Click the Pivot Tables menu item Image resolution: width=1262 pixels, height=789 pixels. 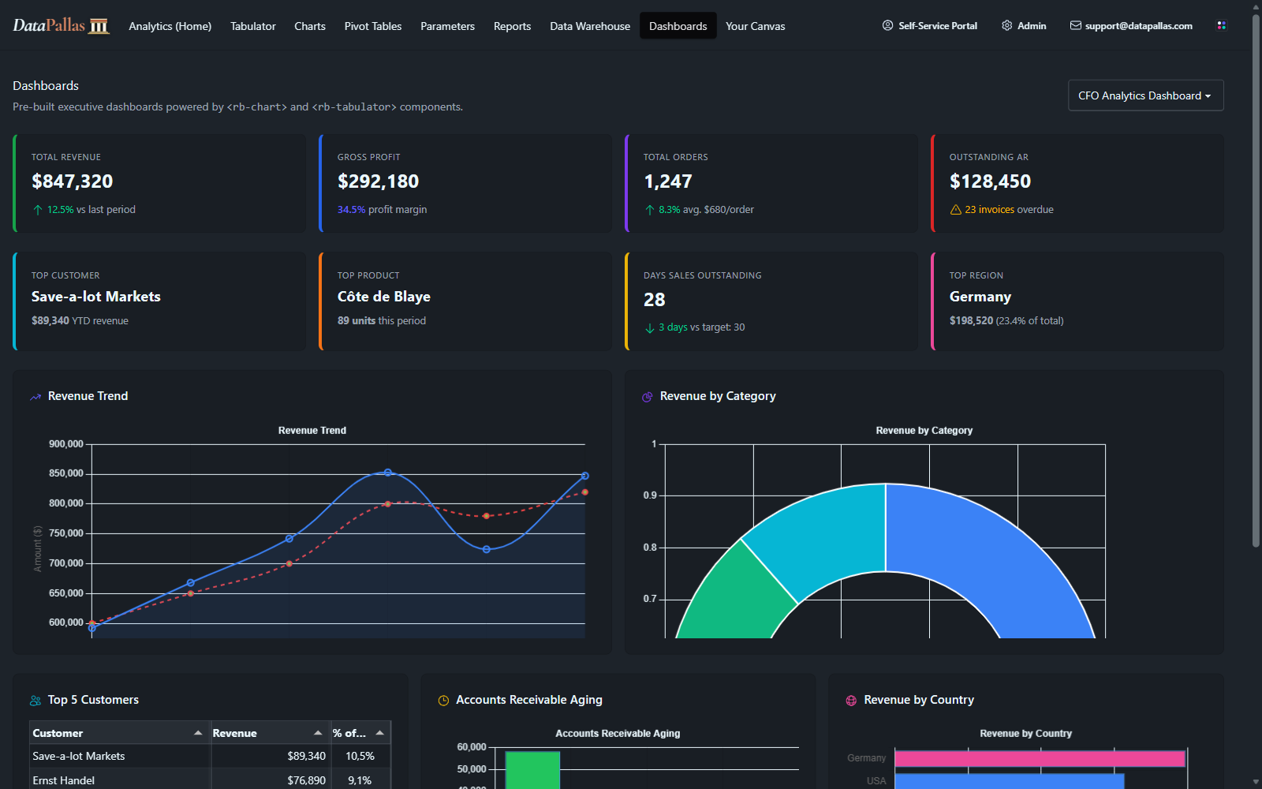[x=372, y=26]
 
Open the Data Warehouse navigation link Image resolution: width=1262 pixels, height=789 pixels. [x=590, y=26]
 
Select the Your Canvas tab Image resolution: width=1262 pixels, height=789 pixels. [x=755, y=26]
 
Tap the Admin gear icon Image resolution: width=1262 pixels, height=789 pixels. [x=1006, y=25]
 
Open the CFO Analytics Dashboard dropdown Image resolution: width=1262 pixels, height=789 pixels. [x=1145, y=95]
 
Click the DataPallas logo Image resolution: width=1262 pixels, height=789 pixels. [x=61, y=25]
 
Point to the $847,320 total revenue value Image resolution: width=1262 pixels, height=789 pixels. [x=72, y=181]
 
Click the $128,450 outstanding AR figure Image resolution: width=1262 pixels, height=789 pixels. [x=990, y=181]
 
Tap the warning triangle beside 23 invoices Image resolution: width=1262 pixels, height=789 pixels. [x=955, y=210]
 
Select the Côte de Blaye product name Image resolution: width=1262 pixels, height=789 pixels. [x=383, y=297]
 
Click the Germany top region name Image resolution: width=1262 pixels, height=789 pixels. [x=980, y=297]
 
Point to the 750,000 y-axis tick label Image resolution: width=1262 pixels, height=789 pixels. [x=66, y=533]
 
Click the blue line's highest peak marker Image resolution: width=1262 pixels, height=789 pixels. [x=387, y=473]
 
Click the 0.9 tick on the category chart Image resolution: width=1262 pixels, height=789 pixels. [x=650, y=495]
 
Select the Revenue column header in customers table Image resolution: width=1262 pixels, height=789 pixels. [x=234, y=733]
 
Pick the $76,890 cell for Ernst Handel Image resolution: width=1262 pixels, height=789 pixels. [x=307, y=780]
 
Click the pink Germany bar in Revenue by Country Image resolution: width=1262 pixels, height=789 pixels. [x=1040, y=758]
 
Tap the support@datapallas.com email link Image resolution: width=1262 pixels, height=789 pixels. [x=1139, y=26]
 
